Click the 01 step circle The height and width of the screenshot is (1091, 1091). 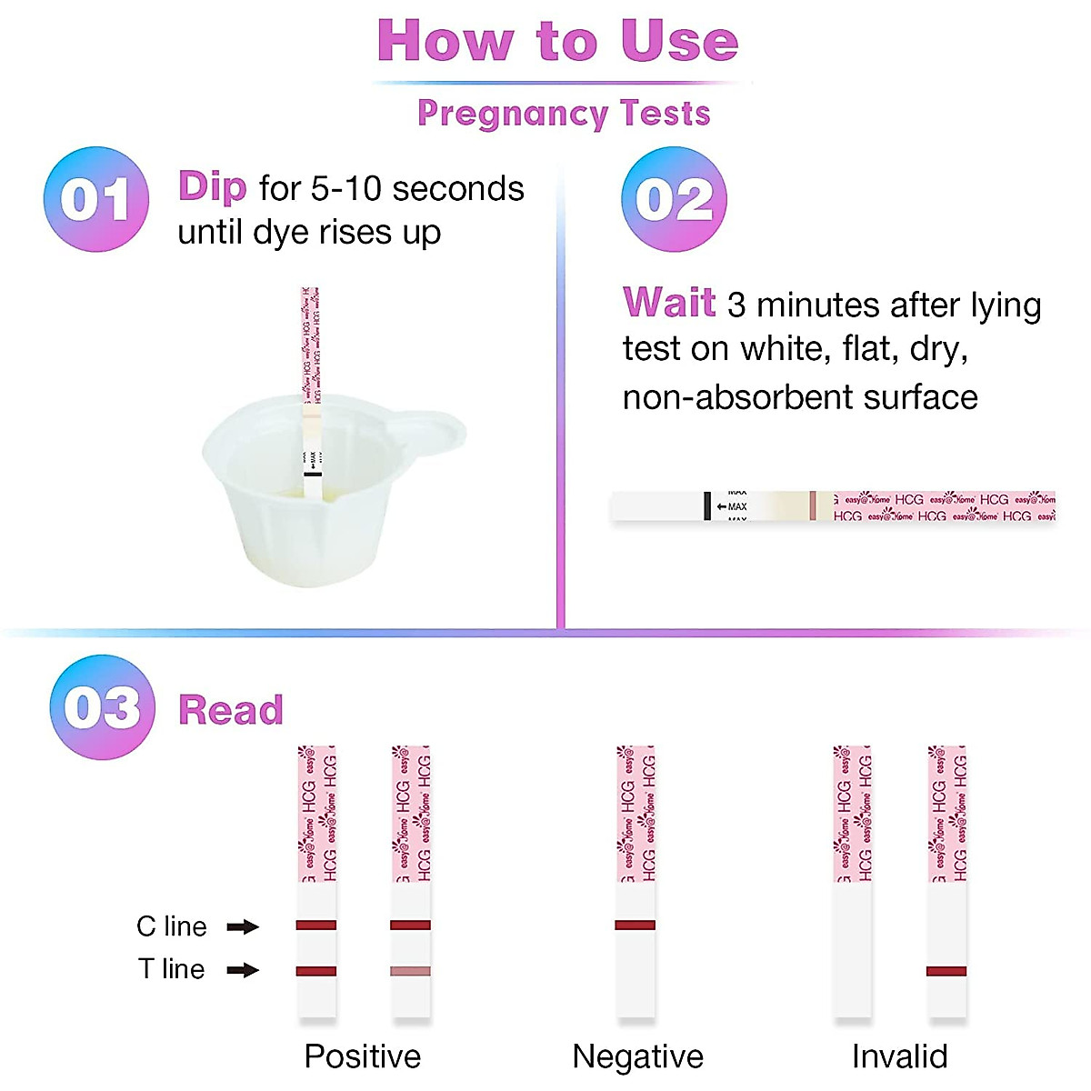tap(96, 199)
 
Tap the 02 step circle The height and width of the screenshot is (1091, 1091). tap(674, 199)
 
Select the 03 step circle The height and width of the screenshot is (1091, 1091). tap(103, 707)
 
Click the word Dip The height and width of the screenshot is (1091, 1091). tap(212, 187)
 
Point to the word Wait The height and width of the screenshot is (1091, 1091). tap(669, 303)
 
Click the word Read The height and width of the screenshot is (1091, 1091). tap(231, 710)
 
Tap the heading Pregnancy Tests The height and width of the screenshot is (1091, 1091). tap(564, 114)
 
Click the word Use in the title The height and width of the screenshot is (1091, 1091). tap(678, 42)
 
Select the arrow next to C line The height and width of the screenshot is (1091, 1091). tap(243, 926)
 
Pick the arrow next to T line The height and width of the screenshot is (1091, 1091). tap(243, 970)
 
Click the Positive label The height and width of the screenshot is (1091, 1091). tap(362, 1056)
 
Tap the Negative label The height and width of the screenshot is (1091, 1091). tap(637, 1056)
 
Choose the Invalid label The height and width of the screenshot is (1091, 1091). tap(899, 1056)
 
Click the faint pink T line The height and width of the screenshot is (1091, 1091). tap(410, 971)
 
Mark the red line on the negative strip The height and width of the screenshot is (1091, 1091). tap(635, 926)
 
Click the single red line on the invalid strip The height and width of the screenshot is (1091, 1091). tap(946, 971)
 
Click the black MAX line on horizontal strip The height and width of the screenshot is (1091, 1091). tap(707, 506)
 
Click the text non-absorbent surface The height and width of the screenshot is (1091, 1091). tap(800, 397)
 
